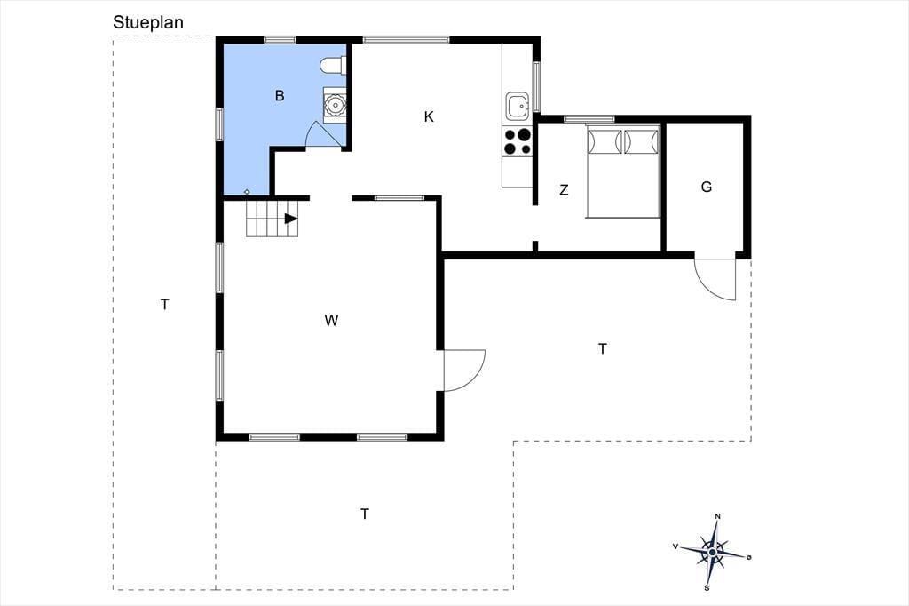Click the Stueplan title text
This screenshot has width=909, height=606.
click(x=148, y=22)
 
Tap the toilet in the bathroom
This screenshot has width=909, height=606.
click(x=333, y=66)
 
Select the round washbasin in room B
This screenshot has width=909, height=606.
click(x=335, y=105)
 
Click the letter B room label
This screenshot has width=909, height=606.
click(x=280, y=96)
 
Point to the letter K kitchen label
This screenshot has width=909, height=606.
click(x=429, y=116)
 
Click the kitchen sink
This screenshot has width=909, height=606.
click(x=518, y=107)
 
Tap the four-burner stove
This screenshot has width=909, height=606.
click(x=518, y=141)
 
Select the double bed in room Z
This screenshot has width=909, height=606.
click(x=623, y=171)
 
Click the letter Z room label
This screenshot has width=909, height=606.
click(x=564, y=190)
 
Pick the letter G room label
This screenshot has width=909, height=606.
click(x=706, y=187)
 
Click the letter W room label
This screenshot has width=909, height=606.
click(x=331, y=321)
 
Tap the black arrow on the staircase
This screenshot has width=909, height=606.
click(x=291, y=219)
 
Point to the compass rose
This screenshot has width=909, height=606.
click(x=713, y=552)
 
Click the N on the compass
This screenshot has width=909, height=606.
click(x=717, y=516)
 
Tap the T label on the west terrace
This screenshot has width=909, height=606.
click(x=165, y=304)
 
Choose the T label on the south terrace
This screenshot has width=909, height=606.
click(x=365, y=514)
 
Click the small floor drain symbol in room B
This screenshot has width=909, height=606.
click(x=247, y=192)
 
